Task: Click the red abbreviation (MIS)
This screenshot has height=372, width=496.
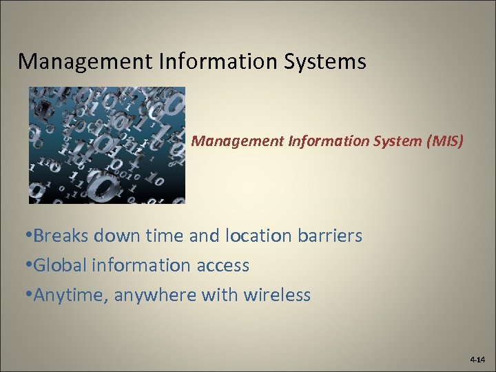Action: click(446, 141)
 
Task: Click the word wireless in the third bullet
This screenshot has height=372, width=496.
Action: click(276, 296)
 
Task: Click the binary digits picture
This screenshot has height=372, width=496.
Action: click(107, 145)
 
